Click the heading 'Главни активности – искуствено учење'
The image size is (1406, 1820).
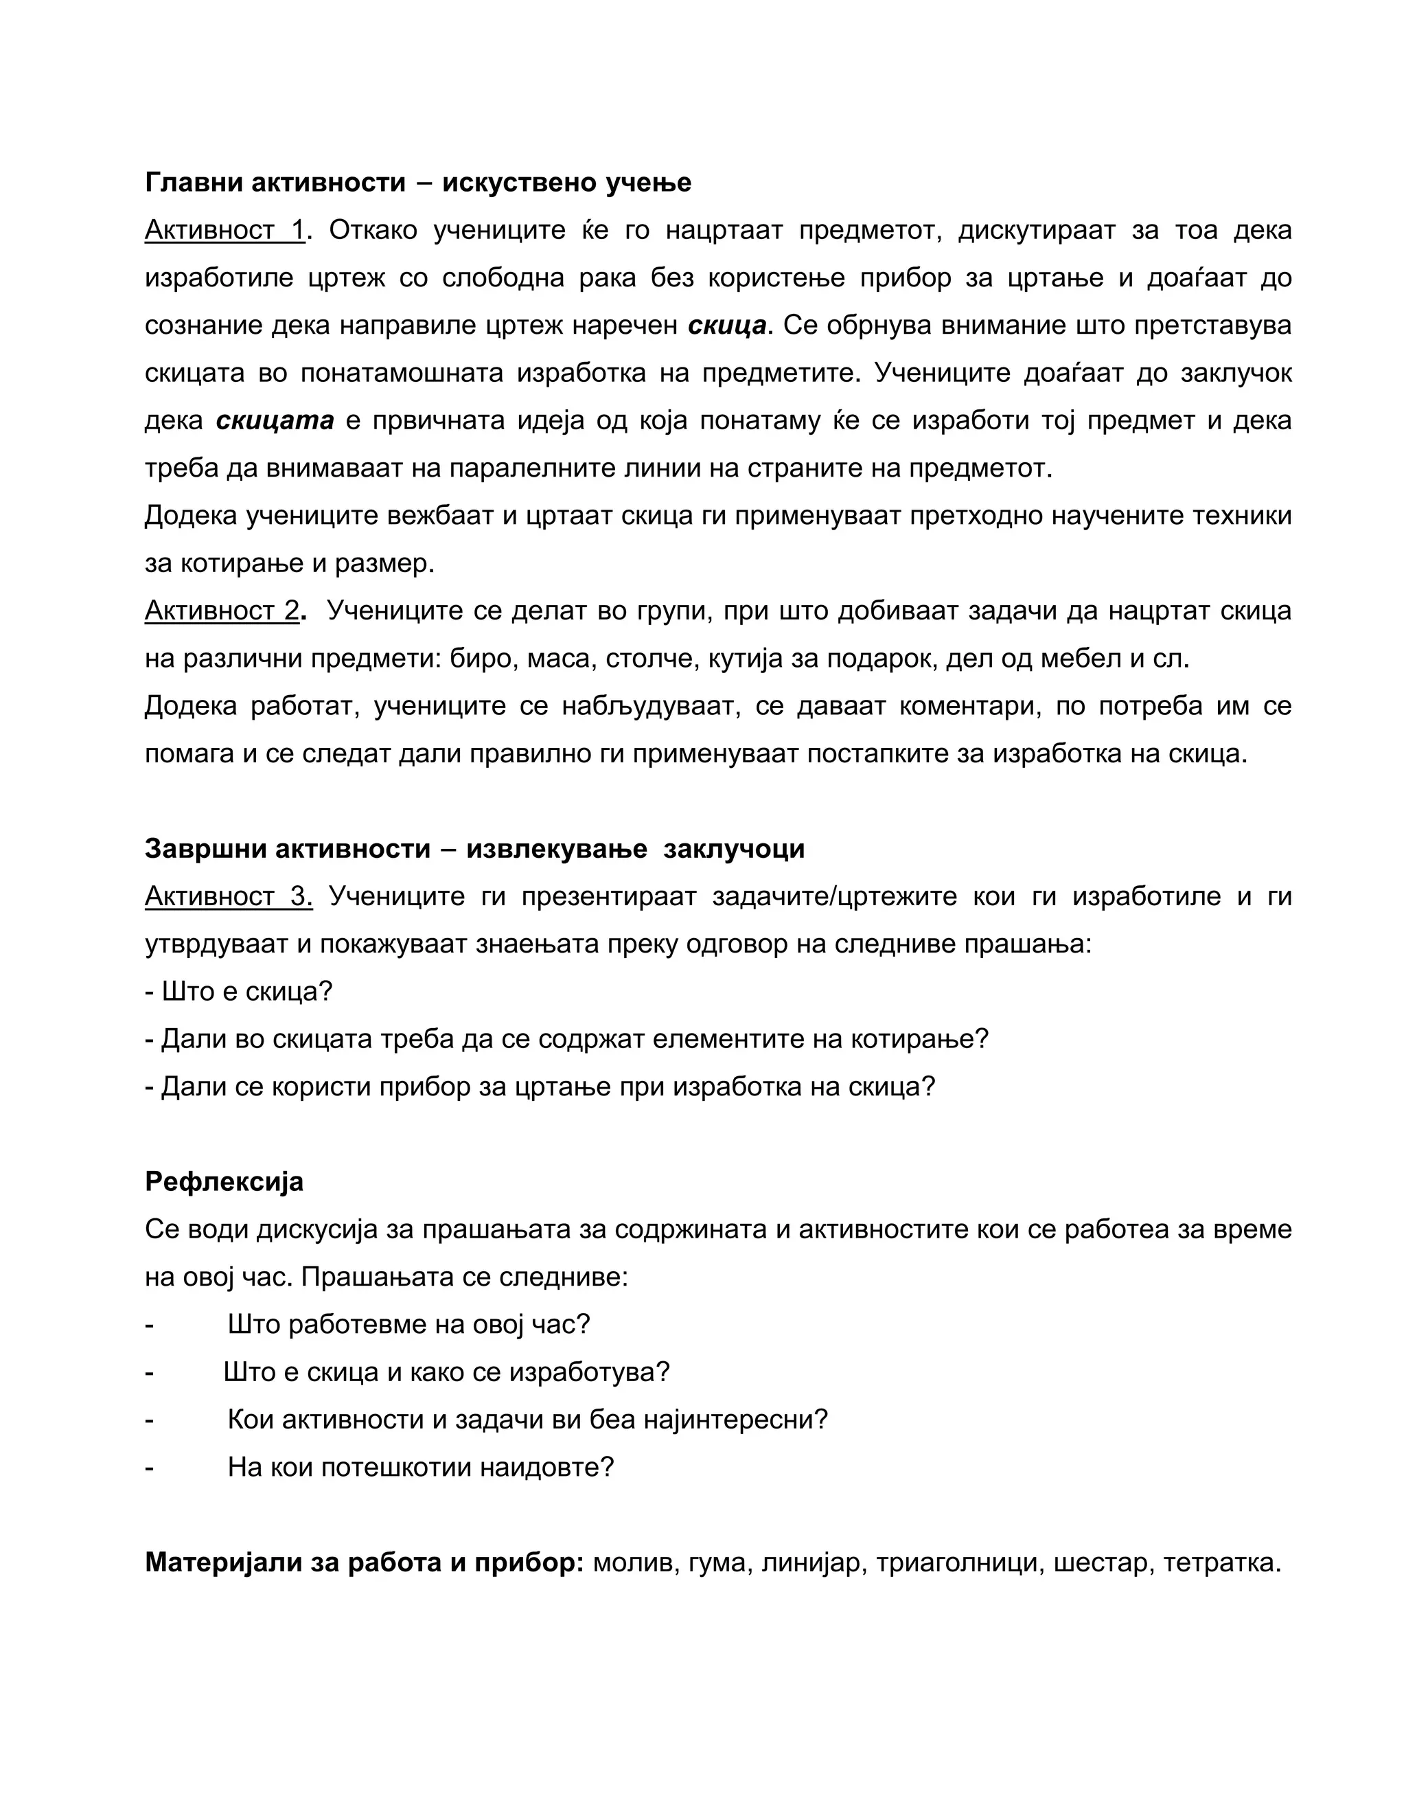coord(417,182)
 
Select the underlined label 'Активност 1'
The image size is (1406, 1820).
coord(225,229)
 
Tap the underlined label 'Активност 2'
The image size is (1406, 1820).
coord(222,610)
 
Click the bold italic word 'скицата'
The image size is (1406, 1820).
coord(275,420)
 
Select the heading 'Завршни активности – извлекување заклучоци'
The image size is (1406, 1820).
coord(475,848)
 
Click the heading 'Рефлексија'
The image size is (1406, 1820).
coord(224,1182)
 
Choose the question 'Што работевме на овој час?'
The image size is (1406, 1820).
coord(408,1324)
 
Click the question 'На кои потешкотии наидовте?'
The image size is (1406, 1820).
coord(421,1467)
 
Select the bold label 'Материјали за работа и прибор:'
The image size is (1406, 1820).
coord(364,1562)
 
